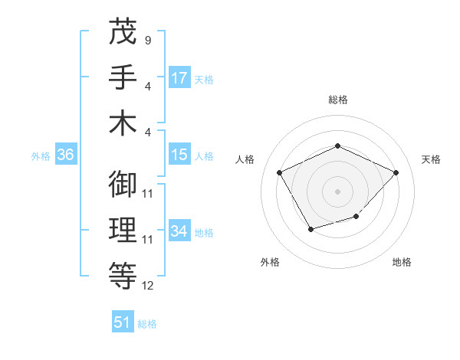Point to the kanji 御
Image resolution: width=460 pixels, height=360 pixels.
coord(123,185)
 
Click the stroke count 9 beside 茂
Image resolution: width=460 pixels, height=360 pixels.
coord(147,40)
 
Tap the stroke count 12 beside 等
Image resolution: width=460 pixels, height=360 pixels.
coord(149,286)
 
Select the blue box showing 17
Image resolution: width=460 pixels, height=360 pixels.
coord(179,78)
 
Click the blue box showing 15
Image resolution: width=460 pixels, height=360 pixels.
coord(179,155)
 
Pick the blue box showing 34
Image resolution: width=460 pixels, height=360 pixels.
coord(179,231)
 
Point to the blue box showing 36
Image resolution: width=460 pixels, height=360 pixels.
coord(66,155)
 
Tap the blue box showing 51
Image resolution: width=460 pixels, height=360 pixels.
coord(123,322)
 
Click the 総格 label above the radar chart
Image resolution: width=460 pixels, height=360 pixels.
coord(337,100)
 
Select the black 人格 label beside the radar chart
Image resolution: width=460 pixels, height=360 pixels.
coord(245,159)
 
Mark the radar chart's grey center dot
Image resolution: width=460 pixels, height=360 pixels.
coord(337,191)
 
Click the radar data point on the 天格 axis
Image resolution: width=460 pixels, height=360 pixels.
coord(396,172)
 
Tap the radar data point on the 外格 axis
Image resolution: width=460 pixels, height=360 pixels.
coord(310,229)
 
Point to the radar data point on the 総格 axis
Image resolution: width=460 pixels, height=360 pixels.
coord(337,146)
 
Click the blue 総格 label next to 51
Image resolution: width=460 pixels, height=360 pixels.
coord(147,324)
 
